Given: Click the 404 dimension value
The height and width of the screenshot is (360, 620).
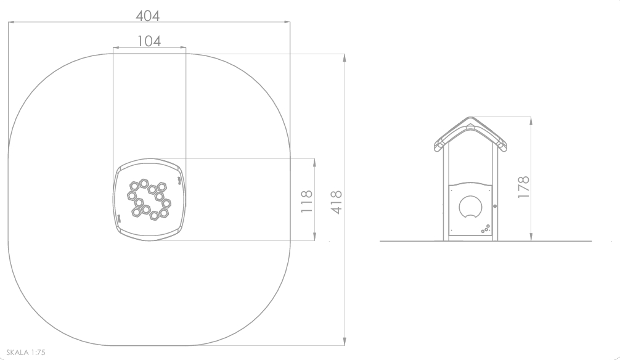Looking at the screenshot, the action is point(147,16).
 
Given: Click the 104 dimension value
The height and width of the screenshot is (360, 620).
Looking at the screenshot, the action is point(149,41).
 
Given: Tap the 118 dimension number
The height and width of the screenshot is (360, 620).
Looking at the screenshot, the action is point(307,202).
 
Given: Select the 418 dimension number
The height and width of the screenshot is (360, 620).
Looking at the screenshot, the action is point(337,202).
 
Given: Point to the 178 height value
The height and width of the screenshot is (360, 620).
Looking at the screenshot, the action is point(523,187).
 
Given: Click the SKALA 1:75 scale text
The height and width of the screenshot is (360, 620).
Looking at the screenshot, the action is point(26,353).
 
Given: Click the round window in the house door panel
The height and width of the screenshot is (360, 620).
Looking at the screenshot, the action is point(470,207).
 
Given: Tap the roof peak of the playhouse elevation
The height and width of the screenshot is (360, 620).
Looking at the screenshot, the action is point(470,118).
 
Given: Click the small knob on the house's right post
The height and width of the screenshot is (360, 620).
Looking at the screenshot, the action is point(495,206).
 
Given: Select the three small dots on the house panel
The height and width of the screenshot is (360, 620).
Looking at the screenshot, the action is point(486,229).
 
